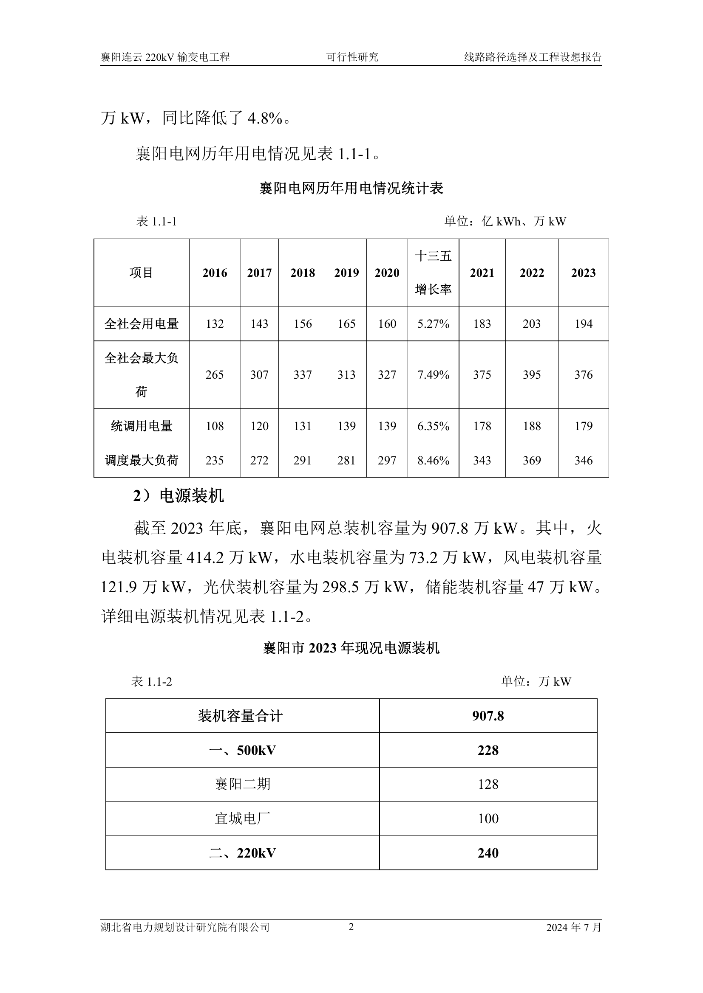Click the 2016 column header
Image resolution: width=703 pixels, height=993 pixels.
point(215,273)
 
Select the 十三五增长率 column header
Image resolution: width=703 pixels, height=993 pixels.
point(433,273)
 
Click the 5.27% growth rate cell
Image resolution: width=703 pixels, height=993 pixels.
point(433,324)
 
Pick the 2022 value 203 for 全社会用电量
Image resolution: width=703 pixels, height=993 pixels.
point(532,324)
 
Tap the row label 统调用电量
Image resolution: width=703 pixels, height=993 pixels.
point(142,426)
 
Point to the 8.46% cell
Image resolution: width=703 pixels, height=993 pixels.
point(433,461)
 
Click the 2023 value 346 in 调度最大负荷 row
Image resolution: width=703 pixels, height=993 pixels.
point(583,461)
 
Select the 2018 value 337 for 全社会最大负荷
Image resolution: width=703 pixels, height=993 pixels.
point(303,375)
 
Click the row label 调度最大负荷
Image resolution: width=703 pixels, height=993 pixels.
point(142,461)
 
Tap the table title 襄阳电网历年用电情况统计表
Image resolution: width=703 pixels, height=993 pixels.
point(351,188)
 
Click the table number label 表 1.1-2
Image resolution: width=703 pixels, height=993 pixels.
point(151,682)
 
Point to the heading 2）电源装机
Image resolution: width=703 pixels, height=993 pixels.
point(179,496)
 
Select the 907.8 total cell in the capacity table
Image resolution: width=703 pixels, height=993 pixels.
point(488,716)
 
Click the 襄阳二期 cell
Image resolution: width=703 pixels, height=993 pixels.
point(242,784)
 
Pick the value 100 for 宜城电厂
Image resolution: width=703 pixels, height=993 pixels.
point(488,819)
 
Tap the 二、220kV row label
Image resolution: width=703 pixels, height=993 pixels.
point(242,853)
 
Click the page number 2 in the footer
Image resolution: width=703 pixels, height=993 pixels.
point(351,927)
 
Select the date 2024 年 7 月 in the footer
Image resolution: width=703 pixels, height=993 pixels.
point(573,927)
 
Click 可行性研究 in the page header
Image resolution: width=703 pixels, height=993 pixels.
point(352,57)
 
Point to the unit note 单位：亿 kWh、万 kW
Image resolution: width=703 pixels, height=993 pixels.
point(505,222)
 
